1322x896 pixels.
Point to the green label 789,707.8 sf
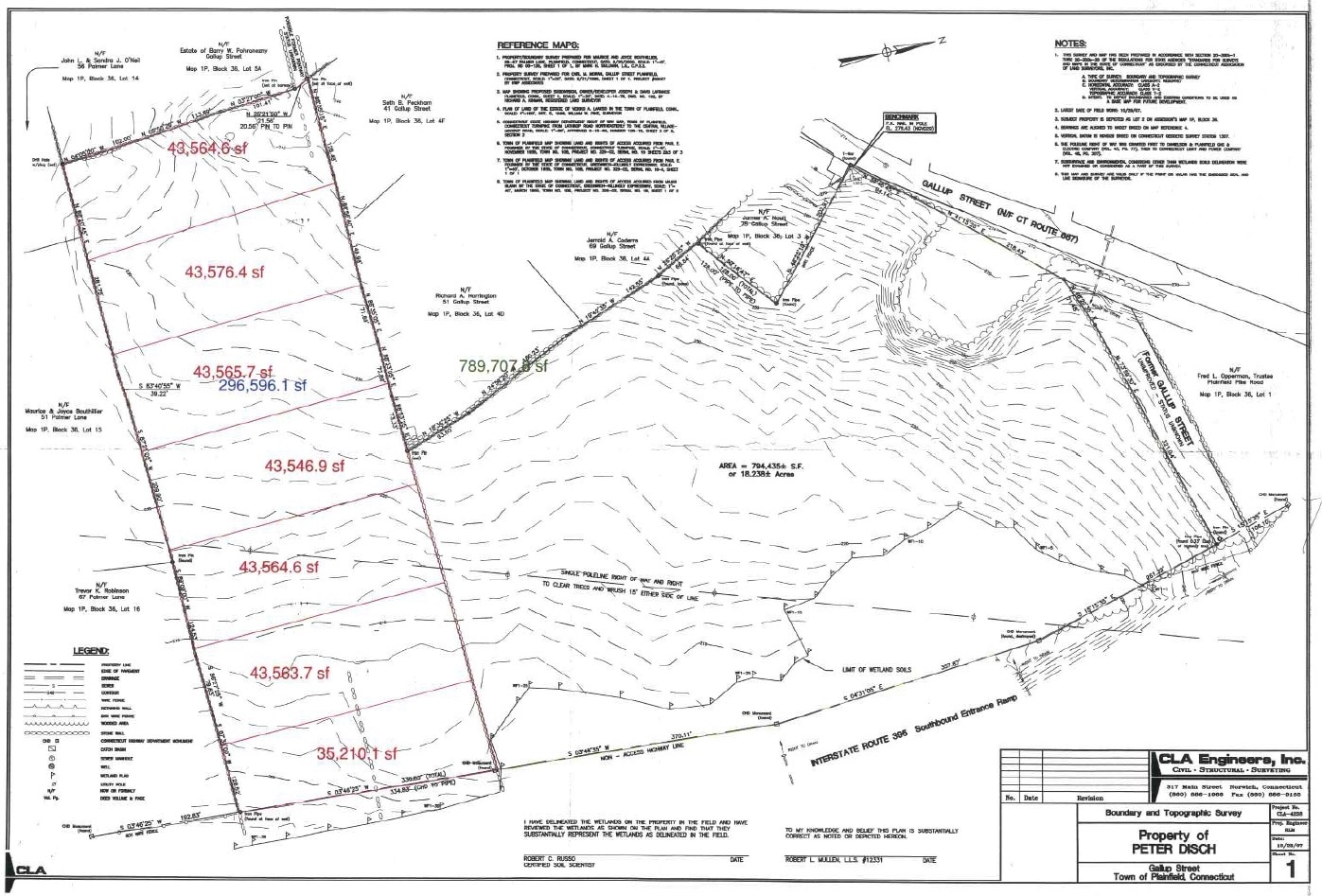pos(503,365)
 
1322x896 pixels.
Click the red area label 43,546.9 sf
pos(305,466)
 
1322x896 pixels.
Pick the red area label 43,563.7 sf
pos(290,673)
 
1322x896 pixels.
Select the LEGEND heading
pos(92,651)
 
